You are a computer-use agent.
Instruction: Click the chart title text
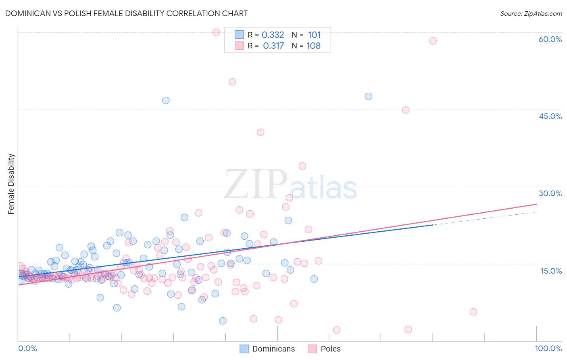point(126,13)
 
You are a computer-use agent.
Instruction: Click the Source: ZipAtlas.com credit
point(531,13)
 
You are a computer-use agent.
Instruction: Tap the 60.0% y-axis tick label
point(550,39)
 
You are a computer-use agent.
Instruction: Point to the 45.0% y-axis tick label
point(550,116)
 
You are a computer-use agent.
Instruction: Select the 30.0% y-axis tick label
point(550,193)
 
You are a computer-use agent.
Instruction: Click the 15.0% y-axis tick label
point(551,271)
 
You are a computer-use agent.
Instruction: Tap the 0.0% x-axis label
point(27,348)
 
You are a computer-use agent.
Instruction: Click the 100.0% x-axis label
point(548,348)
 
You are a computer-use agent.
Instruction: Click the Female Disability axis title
point(11,184)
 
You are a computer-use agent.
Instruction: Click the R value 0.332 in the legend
point(273,35)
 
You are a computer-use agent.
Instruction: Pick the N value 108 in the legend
point(313,46)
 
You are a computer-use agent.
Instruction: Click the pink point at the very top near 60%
point(216,32)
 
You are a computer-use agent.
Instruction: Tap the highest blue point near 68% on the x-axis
point(368,96)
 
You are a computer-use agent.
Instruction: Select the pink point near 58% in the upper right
point(433,41)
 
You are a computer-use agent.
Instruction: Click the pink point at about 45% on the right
point(406,110)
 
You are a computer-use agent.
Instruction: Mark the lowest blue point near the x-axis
point(223,321)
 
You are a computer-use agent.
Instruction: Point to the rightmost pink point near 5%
point(473,312)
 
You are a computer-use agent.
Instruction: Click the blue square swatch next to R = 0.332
point(239,35)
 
